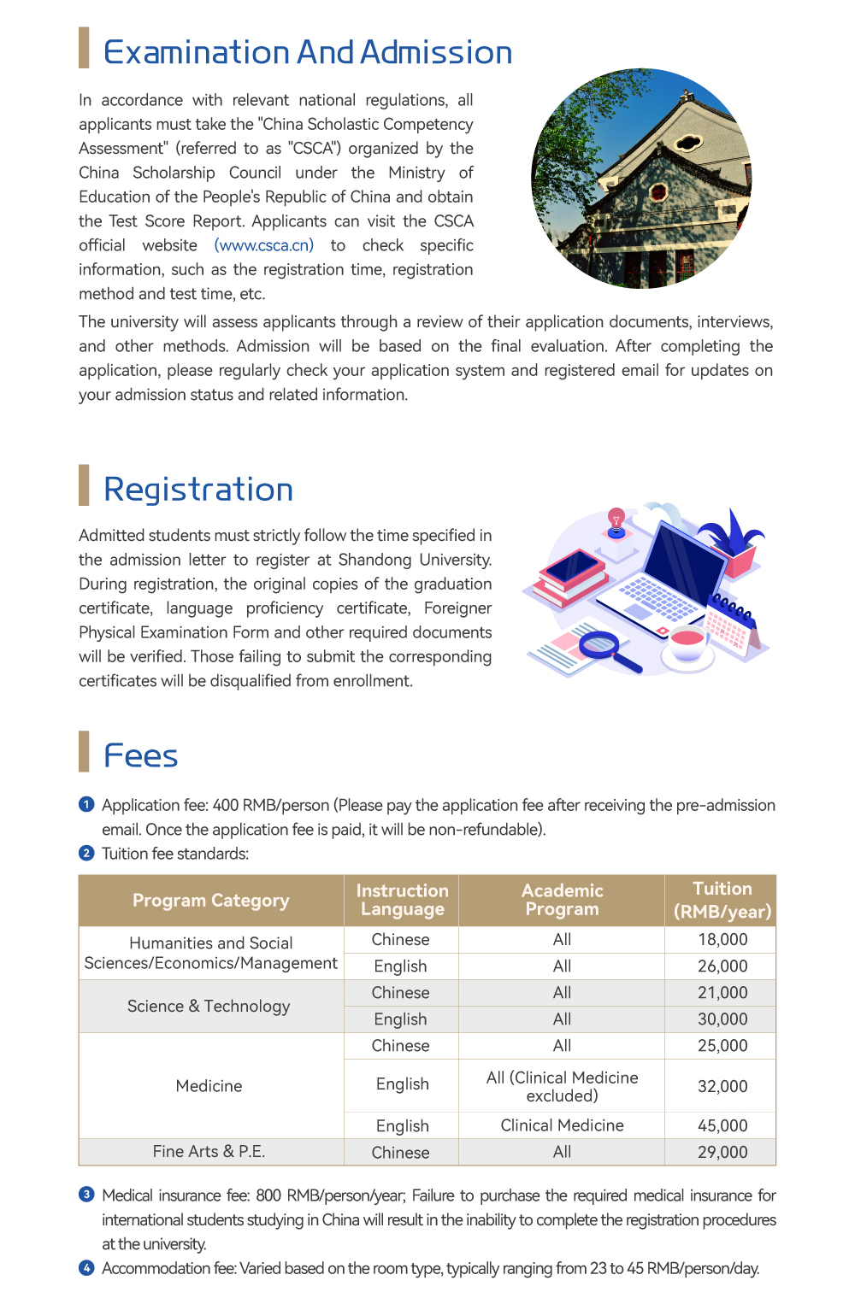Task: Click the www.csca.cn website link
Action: [263, 245]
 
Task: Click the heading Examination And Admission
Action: [307, 53]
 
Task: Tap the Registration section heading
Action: [198, 490]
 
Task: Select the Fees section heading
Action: [140, 756]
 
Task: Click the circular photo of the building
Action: [641, 179]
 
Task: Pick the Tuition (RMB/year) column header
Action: [722, 901]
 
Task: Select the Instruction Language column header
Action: [402, 901]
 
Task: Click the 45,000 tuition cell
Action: [722, 1125]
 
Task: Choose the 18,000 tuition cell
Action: [722, 940]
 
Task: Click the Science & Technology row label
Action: [209, 1006]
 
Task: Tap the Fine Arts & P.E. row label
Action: [209, 1152]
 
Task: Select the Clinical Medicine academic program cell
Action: [562, 1125]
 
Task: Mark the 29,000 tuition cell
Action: [722, 1152]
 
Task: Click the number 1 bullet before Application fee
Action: [86, 804]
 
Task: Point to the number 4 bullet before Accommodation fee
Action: [86, 1267]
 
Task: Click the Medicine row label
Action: [209, 1086]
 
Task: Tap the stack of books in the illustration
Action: [569, 577]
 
